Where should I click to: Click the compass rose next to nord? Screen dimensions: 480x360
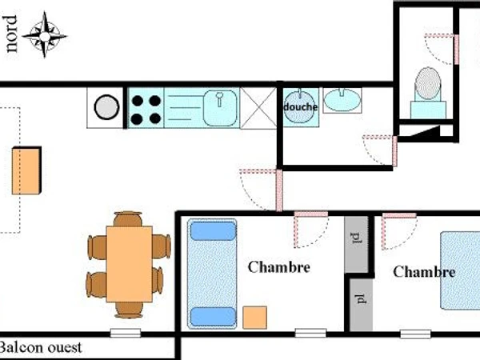tap(45, 35)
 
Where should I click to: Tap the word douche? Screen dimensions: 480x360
tap(300, 107)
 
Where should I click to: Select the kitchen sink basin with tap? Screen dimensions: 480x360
tap(220, 107)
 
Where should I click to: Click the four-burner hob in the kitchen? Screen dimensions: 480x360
tap(146, 108)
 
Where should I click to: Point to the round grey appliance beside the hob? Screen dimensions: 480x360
tap(106, 107)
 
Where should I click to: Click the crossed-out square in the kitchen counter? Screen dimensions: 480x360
tap(258, 108)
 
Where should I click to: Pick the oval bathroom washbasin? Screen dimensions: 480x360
tap(342, 100)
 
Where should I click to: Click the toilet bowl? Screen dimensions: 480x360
tap(428, 84)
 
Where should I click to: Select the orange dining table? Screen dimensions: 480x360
tap(129, 264)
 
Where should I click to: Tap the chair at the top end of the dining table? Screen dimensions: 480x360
tap(128, 218)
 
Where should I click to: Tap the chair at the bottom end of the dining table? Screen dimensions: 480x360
tap(129, 310)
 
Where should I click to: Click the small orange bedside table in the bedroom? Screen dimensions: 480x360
tap(254, 318)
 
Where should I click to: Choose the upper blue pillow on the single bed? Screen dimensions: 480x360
tap(213, 231)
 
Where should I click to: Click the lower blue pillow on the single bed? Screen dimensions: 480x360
tap(213, 317)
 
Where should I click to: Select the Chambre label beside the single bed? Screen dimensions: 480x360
tap(279, 267)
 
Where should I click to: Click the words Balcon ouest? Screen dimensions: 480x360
tap(41, 347)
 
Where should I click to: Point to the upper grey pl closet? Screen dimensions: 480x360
tap(356, 244)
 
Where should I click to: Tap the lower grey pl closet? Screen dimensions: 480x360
tap(362, 305)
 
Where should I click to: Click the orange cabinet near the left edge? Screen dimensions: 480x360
tap(26, 170)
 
